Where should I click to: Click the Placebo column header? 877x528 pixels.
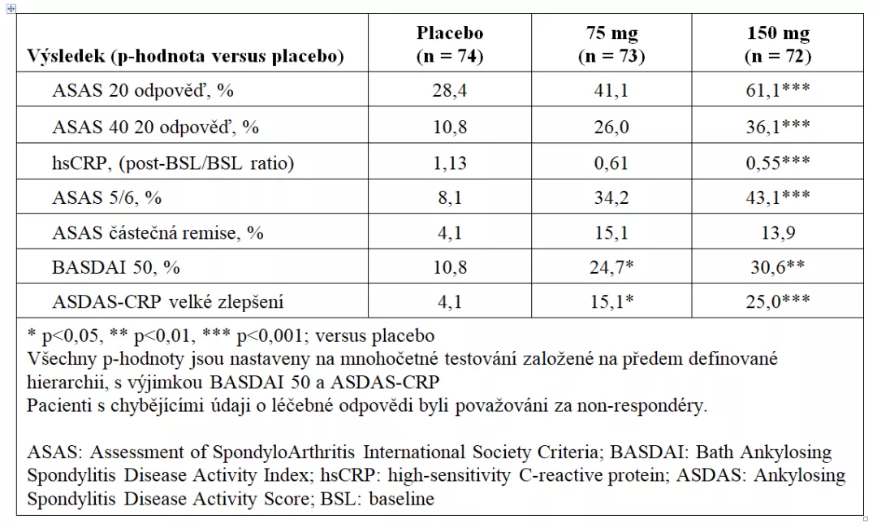pos(449,44)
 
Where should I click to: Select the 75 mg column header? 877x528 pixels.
pos(611,44)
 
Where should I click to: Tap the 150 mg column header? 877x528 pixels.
pos(778,44)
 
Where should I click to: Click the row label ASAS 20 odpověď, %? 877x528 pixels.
pos(143,90)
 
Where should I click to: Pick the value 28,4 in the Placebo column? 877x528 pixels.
pos(449,90)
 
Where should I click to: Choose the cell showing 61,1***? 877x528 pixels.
pos(778,90)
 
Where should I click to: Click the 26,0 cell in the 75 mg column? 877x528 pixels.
pos(611,128)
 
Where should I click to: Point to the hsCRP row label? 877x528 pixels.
pos(173,162)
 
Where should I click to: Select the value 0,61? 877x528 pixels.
pos(611,162)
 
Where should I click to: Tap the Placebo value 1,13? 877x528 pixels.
pos(449,162)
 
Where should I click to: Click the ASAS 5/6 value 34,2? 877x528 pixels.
pos(611,197)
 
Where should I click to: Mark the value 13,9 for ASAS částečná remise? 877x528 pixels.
pos(778,232)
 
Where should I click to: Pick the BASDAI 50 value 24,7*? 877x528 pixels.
pos(611,267)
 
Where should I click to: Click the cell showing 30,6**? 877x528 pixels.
pos(778,267)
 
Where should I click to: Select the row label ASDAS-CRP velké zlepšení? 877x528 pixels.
pos(168,302)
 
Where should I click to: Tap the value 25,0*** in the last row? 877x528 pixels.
pos(778,302)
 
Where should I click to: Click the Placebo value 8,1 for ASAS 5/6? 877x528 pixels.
pos(449,197)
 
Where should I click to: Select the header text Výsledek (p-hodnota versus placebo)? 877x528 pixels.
pos(185,56)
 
